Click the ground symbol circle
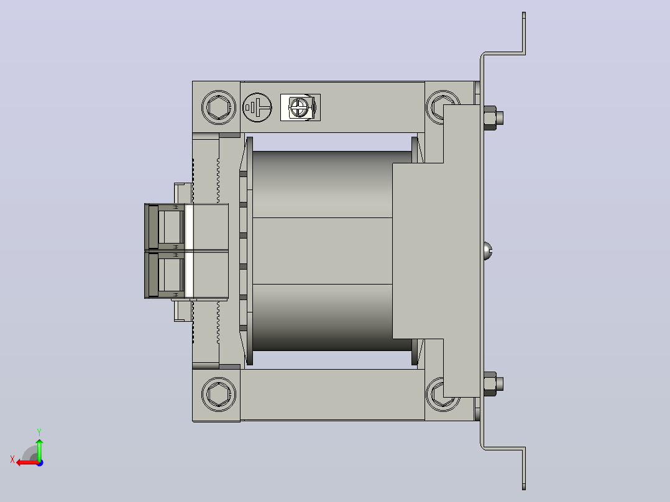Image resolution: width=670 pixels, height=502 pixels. click(x=257, y=107)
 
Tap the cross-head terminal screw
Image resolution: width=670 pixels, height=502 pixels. click(x=299, y=107)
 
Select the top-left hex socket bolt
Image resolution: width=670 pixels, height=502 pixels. click(x=218, y=107)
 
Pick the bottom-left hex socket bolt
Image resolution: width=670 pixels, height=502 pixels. click(x=218, y=395)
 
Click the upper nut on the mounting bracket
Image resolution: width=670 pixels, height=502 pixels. click(x=493, y=117)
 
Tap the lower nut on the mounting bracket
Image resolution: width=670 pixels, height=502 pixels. click(x=493, y=384)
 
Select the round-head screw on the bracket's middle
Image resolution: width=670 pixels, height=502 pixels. click(x=488, y=251)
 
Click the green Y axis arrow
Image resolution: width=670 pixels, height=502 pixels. click(x=39, y=449)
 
